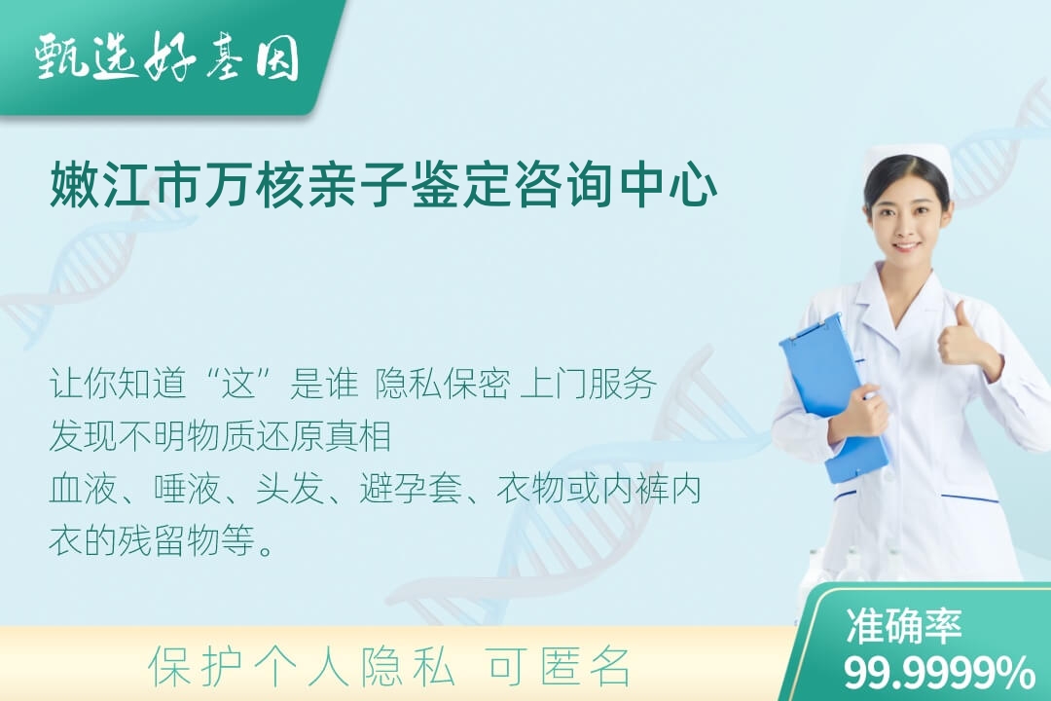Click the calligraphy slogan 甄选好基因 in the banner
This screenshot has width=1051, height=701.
pos(167,57)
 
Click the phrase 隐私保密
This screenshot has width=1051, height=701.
pos(443,385)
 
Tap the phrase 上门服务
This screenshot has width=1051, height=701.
pos(588,385)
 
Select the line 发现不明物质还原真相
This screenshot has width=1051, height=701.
pos(220,436)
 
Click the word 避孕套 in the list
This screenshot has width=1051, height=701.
pos(411,489)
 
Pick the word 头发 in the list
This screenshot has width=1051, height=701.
pos(290,489)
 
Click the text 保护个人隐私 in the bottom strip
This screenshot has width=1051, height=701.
pos(302,667)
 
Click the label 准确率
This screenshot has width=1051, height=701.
pos(903,626)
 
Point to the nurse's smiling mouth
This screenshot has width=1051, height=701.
pos(906,246)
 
